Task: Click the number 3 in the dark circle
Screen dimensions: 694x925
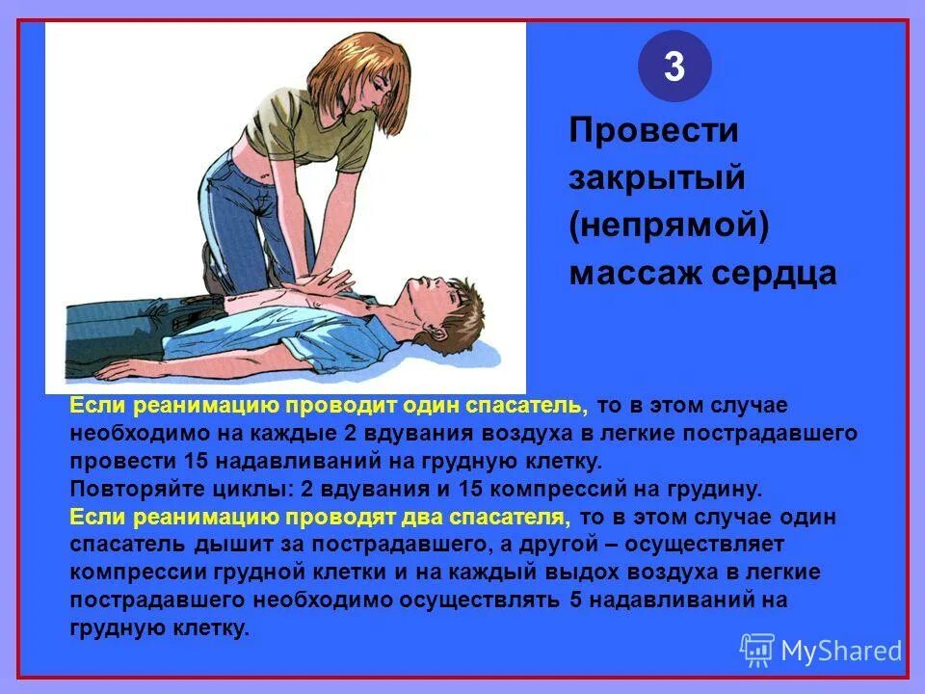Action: [674, 67]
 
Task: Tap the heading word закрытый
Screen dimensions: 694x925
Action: [643, 179]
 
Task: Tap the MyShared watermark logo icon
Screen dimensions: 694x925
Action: [756, 651]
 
